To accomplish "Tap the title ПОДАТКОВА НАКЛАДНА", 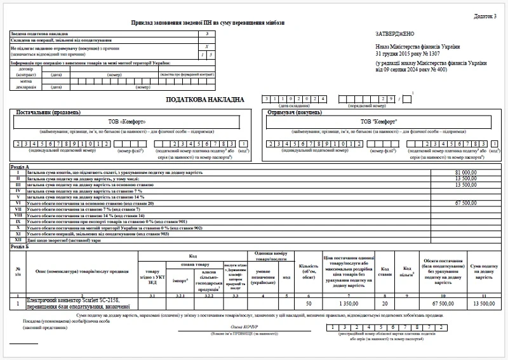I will [x=204, y=100].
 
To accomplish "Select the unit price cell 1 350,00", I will [x=347, y=304].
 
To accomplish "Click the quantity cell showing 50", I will [x=309, y=304].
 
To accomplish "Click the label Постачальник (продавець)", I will [x=48, y=112].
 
